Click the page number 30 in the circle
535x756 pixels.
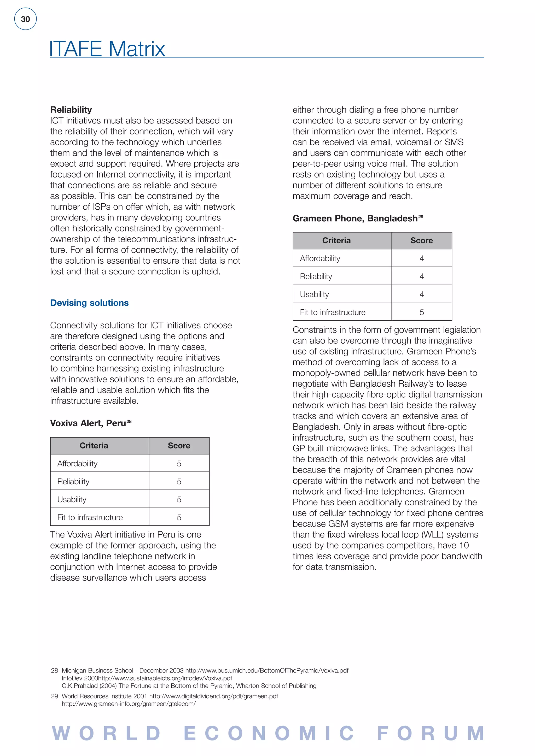(25, 19)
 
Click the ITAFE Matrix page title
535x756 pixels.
(107, 49)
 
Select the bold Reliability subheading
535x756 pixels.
(71, 110)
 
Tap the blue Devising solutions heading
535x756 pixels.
(89, 303)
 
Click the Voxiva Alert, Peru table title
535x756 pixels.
(88, 423)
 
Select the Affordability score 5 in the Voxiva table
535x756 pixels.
(179, 463)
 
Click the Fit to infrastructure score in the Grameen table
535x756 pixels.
(421, 312)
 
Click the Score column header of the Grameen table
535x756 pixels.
(421, 240)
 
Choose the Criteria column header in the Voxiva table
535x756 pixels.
(94, 446)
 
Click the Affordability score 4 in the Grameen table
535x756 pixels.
(421, 258)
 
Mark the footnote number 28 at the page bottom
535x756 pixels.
(54, 670)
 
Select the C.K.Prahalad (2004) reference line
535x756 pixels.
(189, 686)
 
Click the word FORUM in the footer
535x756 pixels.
(431, 734)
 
